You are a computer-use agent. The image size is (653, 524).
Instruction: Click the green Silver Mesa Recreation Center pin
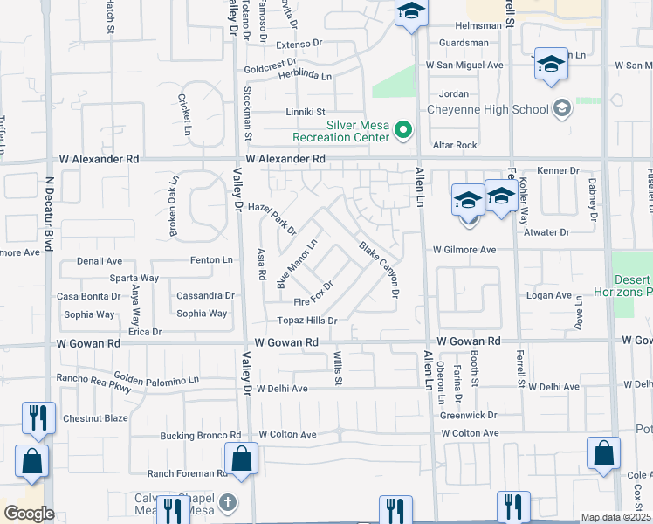pyautogui.click(x=402, y=131)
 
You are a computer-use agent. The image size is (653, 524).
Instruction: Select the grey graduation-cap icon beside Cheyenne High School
pyautogui.click(x=562, y=108)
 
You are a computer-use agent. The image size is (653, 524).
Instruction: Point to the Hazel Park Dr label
pyautogui.click(x=272, y=220)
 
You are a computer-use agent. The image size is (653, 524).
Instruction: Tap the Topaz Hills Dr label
pyautogui.click(x=307, y=321)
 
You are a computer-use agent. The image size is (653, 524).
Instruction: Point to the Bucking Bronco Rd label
pyautogui.click(x=200, y=435)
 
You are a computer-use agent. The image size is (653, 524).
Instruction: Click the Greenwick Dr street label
pyautogui.click(x=469, y=415)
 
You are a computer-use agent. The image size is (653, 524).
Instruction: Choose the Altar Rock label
pyautogui.click(x=455, y=145)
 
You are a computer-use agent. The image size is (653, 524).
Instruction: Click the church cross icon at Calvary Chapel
pyautogui.click(x=228, y=502)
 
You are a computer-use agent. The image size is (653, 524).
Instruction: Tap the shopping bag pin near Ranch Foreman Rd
pyautogui.click(x=241, y=458)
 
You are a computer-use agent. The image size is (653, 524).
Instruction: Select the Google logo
pyautogui.click(x=29, y=514)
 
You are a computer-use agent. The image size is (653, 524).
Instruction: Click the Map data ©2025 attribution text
pyautogui.click(x=615, y=517)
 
